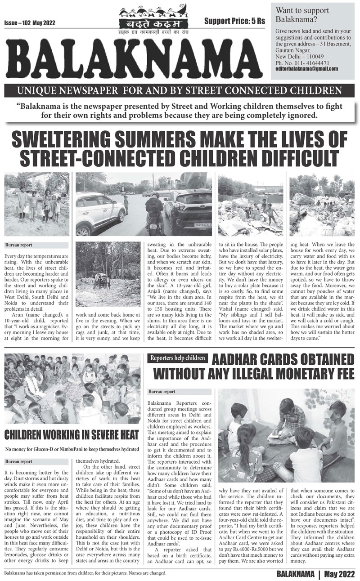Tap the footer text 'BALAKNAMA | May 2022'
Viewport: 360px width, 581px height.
(x=313, y=574)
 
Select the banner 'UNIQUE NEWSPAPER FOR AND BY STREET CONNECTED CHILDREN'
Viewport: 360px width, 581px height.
(x=179, y=91)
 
